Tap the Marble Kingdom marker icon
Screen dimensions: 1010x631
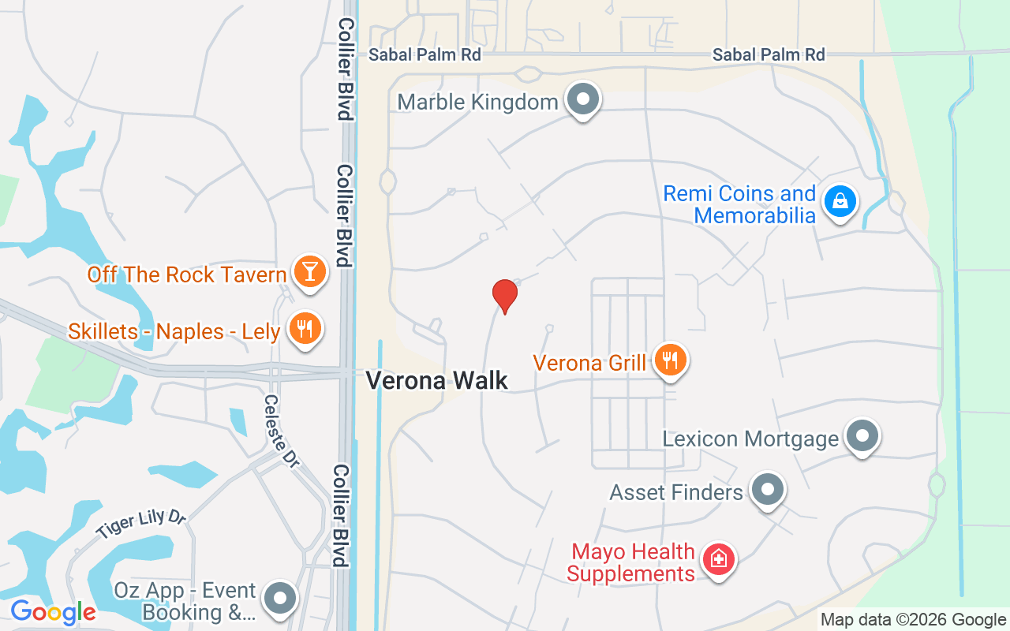pos(584,100)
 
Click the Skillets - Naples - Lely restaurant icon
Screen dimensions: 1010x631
pos(303,327)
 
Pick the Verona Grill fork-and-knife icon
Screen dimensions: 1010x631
pos(671,360)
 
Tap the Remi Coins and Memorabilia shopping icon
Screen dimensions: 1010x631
pos(841,201)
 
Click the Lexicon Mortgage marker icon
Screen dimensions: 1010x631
pos(862,435)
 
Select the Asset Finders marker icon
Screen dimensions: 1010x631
pos(767,490)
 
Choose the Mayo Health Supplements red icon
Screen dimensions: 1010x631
pos(718,560)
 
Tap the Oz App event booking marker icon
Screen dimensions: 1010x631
pos(279,598)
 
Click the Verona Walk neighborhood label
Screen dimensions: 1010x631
pos(437,381)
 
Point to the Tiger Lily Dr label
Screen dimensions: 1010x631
pos(142,524)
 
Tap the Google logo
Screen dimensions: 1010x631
pos(53,611)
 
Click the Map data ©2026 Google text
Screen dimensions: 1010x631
pos(912,620)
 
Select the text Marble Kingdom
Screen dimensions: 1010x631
pos(477,102)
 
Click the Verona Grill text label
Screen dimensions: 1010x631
pos(590,363)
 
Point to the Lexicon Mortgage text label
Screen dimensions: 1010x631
pos(750,439)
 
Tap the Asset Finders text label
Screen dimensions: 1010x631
pos(676,492)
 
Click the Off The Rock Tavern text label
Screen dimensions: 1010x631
pos(186,274)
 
